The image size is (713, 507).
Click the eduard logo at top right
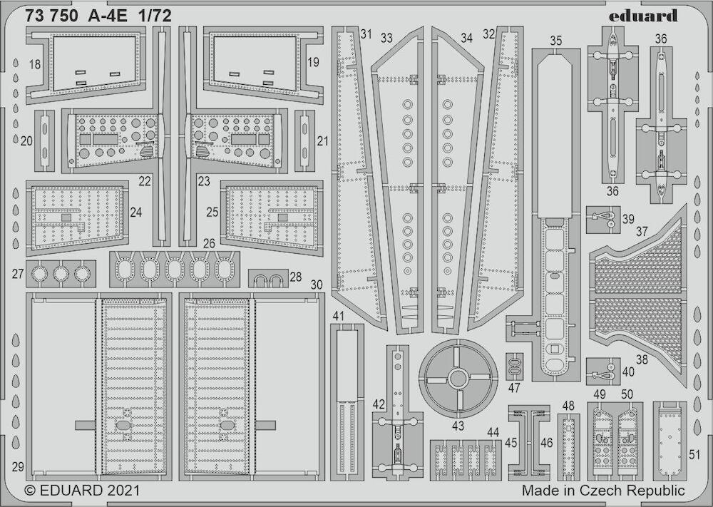point(642,16)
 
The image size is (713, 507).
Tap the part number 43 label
point(458,426)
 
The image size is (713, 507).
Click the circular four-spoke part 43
point(458,379)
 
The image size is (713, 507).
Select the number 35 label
point(555,41)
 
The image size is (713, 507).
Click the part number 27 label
point(18,274)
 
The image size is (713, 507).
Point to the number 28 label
point(296,277)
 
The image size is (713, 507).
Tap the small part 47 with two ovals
point(514,367)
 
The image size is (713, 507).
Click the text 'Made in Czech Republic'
point(603,491)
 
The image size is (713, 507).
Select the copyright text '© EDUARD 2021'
point(82,491)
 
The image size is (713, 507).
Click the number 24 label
point(135,212)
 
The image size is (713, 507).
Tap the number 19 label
point(313,62)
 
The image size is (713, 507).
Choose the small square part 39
point(603,220)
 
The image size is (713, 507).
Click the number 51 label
point(694,454)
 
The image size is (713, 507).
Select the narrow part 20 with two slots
point(44,140)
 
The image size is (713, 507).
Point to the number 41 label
point(338,316)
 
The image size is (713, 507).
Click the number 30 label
point(317,285)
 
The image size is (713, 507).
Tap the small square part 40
point(603,372)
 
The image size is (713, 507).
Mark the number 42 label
point(379,404)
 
